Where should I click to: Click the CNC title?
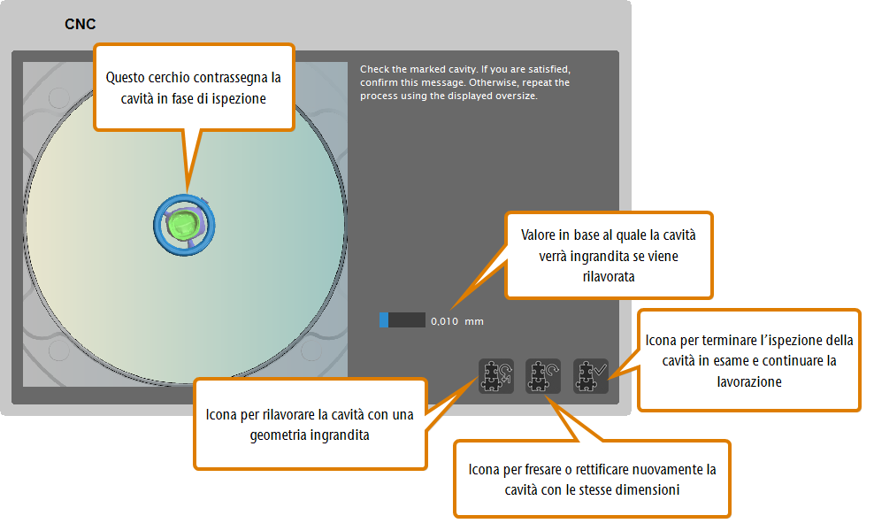(80, 24)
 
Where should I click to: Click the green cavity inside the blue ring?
(183, 225)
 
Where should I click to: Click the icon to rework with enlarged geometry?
(495, 376)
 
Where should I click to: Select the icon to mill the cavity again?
(543, 376)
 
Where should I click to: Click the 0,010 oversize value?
(444, 321)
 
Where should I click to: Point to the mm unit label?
(474, 321)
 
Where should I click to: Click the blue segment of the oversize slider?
(384, 319)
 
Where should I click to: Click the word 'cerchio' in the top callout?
(168, 77)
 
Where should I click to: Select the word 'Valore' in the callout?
(537, 235)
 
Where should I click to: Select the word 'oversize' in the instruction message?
(518, 96)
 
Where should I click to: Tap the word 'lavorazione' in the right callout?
(749, 382)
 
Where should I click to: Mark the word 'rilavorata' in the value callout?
(609, 277)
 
